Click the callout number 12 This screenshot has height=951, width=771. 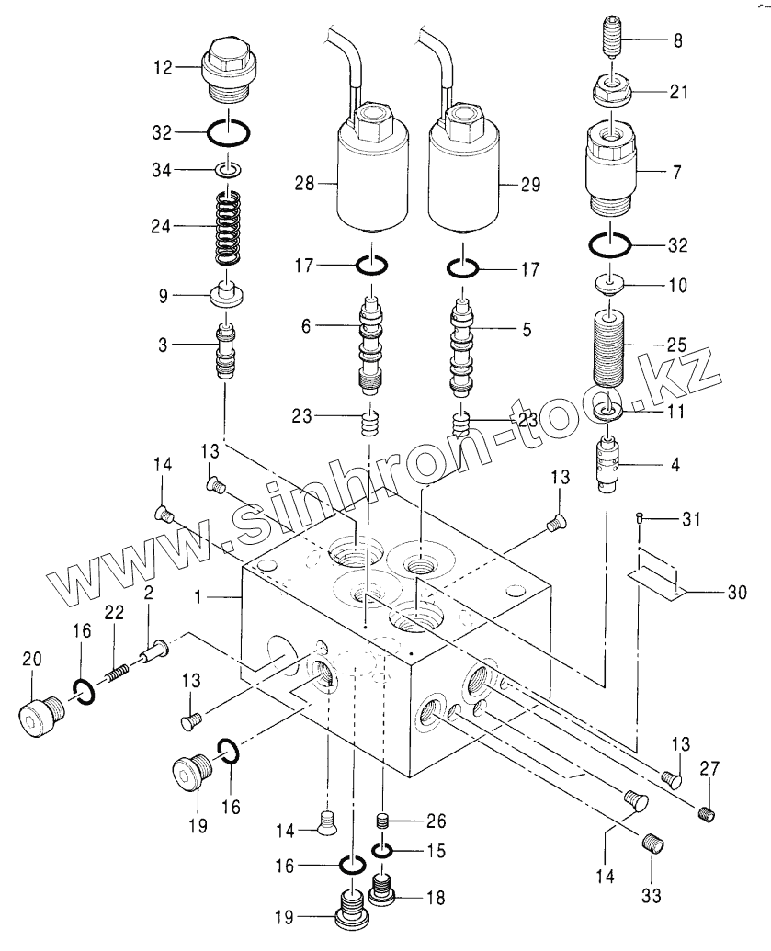pyautogui.click(x=164, y=67)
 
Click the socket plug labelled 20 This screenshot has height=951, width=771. pyautogui.click(x=41, y=715)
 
